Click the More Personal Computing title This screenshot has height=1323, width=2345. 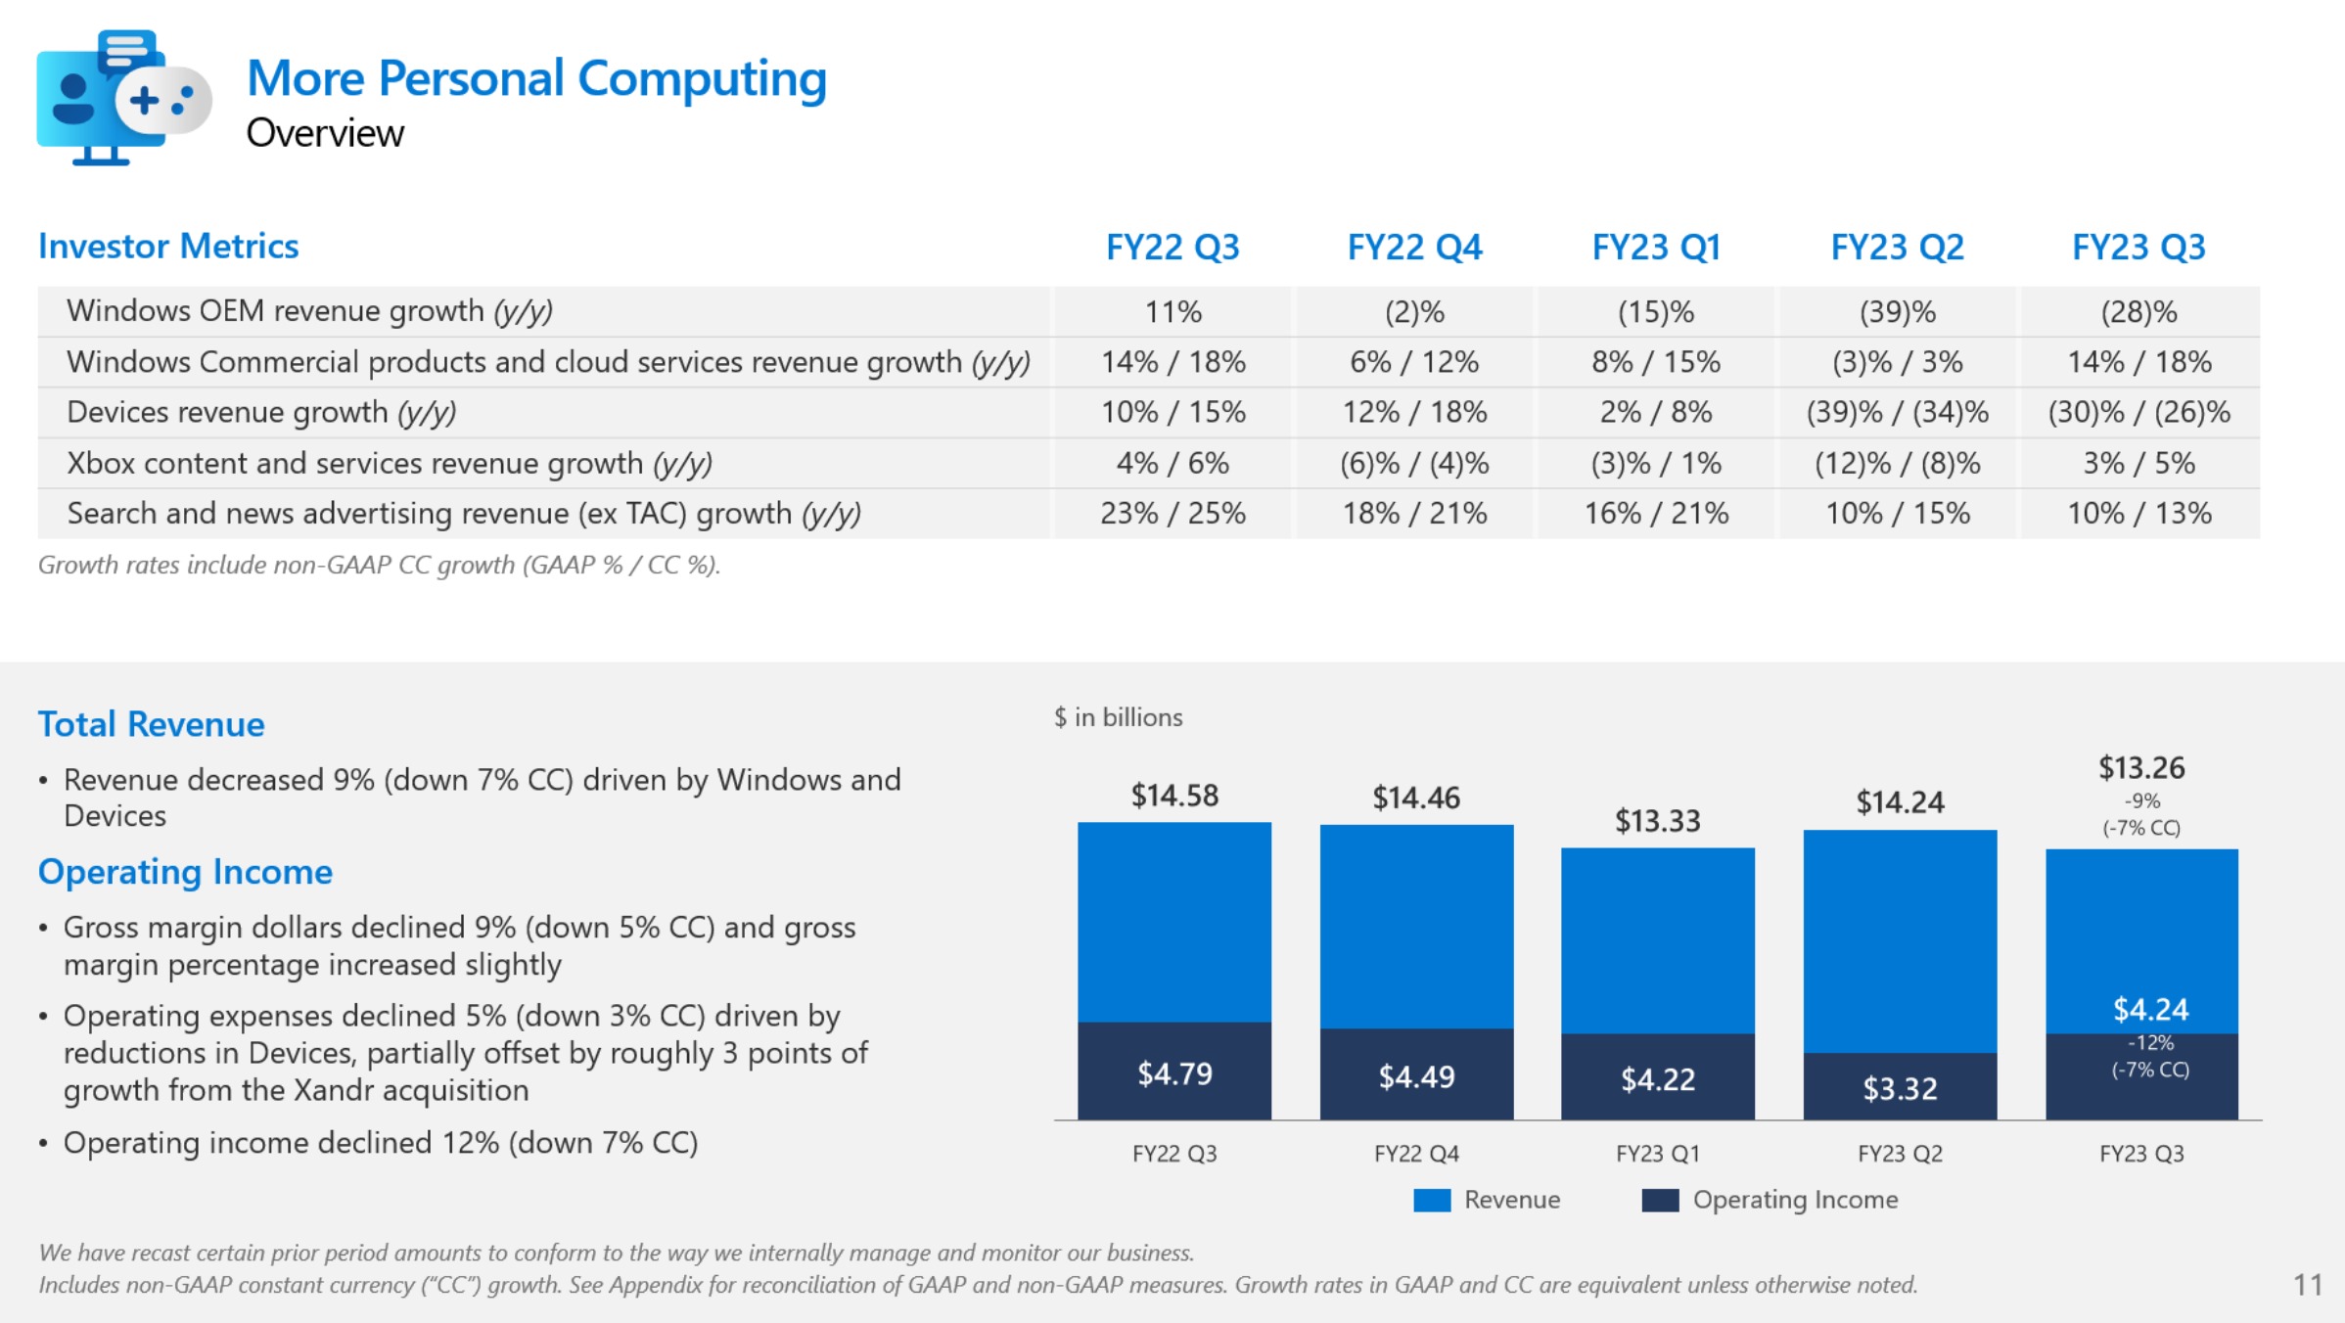[x=536, y=78]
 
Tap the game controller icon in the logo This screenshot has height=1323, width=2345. [x=162, y=100]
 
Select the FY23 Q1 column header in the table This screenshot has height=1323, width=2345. [x=1656, y=247]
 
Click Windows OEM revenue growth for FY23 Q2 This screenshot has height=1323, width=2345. [x=1898, y=312]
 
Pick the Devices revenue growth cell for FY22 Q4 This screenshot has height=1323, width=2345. [x=1414, y=412]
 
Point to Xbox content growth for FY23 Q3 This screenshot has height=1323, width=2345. [x=2138, y=463]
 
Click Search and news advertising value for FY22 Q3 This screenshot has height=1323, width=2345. [x=1172, y=513]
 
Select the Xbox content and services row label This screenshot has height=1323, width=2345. [x=389, y=463]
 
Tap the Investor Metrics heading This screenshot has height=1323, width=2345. [x=168, y=247]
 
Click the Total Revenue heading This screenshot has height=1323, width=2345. [x=152, y=724]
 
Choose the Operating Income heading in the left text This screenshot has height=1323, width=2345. [x=185, y=872]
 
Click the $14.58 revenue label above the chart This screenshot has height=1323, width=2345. [x=1174, y=796]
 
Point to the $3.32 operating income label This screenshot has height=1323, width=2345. [x=1900, y=1088]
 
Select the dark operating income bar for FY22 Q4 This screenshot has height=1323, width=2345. [x=1416, y=1073]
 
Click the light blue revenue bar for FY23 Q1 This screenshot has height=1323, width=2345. [x=1657, y=939]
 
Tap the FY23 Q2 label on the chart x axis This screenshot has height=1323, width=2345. [x=1900, y=1154]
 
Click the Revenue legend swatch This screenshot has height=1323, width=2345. [x=1432, y=1200]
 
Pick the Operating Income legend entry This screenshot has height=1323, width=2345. [x=1770, y=1200]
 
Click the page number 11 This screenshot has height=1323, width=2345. [x=2308, y=1284]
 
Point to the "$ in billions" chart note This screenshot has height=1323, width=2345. [x=1118, y=717]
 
